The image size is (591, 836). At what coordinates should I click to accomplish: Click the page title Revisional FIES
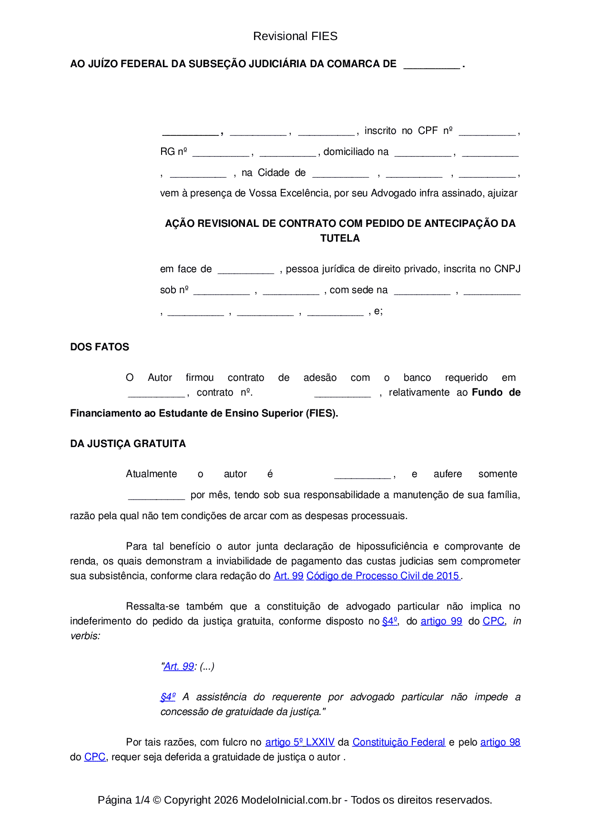tap(295, 36)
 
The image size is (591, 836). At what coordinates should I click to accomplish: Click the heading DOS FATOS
tap(100, 347)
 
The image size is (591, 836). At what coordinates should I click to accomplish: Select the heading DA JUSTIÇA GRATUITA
tap(128, 444)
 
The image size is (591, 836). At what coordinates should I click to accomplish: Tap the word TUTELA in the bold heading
tap(340, 238)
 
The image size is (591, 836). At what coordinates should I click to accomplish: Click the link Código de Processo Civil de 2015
tap(383, 576)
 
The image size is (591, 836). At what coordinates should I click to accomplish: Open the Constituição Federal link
tap(398, 742)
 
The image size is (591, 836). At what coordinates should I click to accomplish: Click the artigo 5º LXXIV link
tap(300, 742)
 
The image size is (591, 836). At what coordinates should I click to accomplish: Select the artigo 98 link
tap(500, 742)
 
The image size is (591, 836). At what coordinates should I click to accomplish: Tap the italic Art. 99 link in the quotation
tap(179, 666)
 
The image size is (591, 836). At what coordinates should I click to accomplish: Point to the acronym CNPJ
tap(507, 269)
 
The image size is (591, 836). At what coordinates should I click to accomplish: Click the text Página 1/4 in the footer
tap(123, 800)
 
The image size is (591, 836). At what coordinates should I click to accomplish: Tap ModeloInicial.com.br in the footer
tap(291, 800)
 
